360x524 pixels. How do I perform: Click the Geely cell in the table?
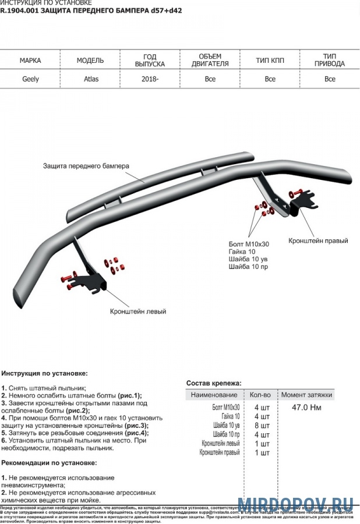coord(30,79)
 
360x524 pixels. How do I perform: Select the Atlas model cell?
coord(90,79)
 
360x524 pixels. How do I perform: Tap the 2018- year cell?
coord(150,79)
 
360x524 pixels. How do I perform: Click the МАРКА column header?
coord(30,60)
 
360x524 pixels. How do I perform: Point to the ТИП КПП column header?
coord(270,60)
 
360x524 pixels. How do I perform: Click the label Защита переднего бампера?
coord(86,166)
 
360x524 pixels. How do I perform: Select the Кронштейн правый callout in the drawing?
coord(318,240)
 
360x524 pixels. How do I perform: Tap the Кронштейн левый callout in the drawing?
coord(138,311)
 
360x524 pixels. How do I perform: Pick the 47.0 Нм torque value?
coord(306,408)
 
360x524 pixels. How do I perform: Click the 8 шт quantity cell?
coord(262,426)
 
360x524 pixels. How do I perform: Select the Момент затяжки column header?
coord(306,395)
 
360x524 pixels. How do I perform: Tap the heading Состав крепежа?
coord(214,383)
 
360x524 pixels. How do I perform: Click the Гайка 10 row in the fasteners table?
coord(227,416)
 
